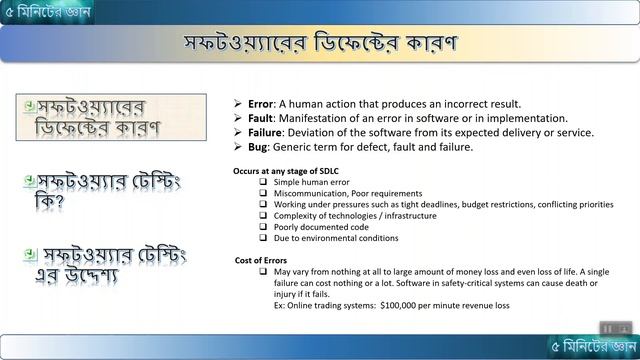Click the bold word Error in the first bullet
(x=262, y=103)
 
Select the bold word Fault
(x=262, y=118)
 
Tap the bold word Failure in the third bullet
(x=267, y=132)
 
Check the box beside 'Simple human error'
(x=263, y=183)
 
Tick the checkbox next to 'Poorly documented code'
(x=263, y=227)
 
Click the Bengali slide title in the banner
(x=320, y=45)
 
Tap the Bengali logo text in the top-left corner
(x=44, y=12)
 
